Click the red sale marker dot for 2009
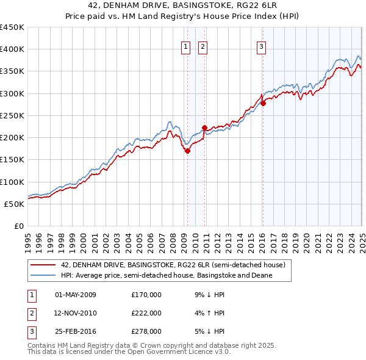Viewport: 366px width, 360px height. [187, 151]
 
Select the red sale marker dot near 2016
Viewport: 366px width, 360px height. [263, 103]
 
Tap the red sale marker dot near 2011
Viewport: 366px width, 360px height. [204, 128]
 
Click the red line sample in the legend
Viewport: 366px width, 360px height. [42, 265]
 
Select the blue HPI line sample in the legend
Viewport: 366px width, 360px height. [42, 275]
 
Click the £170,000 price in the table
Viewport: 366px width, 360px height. [146, 295]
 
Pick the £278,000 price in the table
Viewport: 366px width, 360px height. [146, 333]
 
